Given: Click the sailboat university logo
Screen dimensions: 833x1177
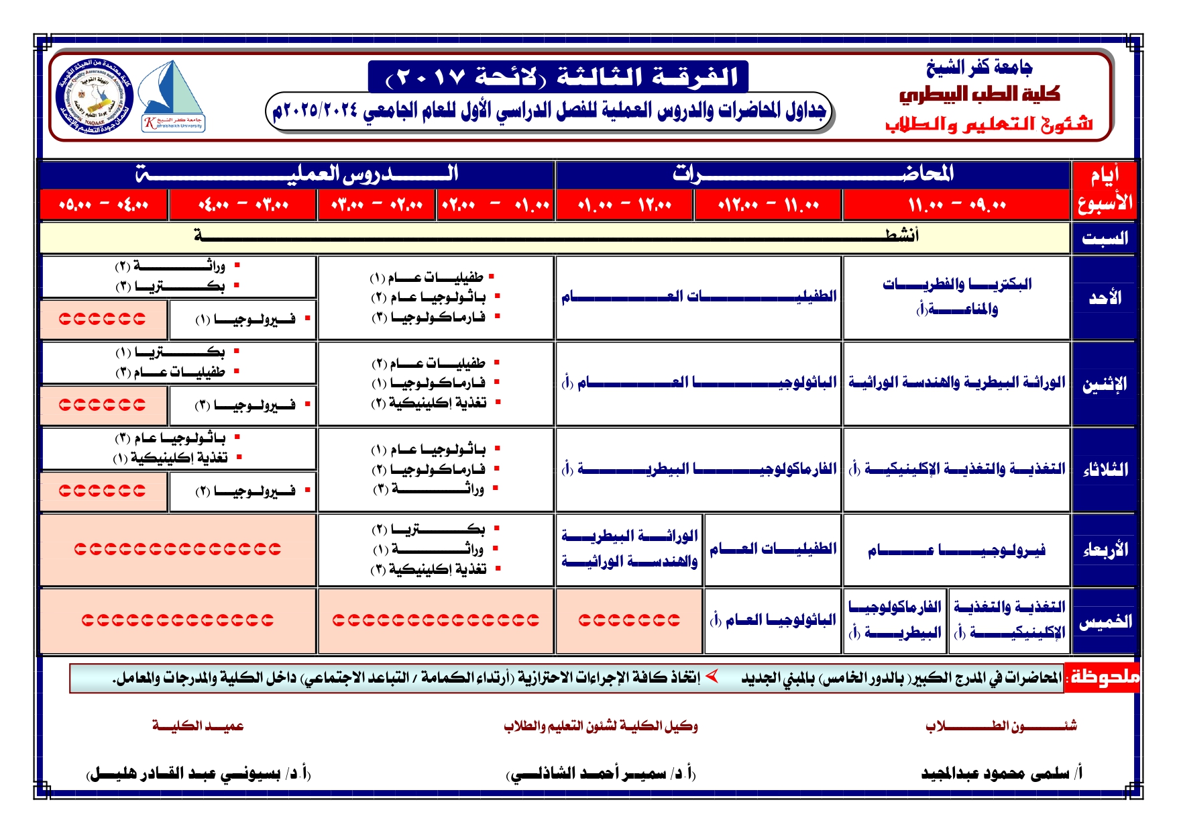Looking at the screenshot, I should tap(173, 95).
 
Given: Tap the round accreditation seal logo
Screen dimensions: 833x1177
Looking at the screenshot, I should tap(95, 97).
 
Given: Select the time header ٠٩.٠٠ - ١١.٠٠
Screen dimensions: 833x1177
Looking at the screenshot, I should tap(956, 205).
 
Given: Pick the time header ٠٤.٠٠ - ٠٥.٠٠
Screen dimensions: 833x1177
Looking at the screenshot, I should tap(103, 205).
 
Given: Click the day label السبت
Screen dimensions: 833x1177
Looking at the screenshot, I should tap(1104, 238).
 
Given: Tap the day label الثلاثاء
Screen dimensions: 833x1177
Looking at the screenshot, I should tap(1104, 469).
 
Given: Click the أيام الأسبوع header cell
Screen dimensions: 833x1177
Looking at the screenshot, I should tap(1104, 190).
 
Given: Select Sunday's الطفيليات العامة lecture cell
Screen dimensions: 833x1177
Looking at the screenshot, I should tap(698, 297).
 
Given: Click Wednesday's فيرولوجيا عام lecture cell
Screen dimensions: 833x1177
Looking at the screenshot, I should tap(956, 550).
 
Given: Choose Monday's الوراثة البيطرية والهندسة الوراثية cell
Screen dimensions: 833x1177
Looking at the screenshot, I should tap(956, 383).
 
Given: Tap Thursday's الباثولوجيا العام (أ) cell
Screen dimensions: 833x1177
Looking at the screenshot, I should tap(773, 620).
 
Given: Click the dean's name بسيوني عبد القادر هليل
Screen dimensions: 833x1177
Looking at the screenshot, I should tap(199, 774).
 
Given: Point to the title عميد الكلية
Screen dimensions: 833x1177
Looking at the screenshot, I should tap(198, 726).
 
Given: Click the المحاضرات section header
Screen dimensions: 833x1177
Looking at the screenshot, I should tap(812, 175).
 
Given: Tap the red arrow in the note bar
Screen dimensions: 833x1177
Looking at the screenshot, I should tap(712, 676).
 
